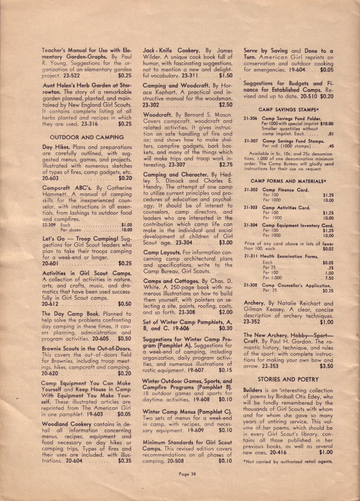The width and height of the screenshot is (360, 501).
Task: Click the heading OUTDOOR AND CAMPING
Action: pyautogui.click(x=87, y=137)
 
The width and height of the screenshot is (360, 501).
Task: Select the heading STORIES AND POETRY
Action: pyautogui.click(x=288, y=380)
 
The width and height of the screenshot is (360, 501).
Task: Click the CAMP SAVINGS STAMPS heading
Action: pyautogui.click(x=288, y=110)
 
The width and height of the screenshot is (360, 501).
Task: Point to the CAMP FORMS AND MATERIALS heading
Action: pyautogui.click(x=288, y=181)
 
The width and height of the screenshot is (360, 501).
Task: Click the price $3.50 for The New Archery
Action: pyautogui.click(x=326, y=366)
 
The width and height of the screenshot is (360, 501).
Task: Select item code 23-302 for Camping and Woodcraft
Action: pyautogui.click(x=151, y=105)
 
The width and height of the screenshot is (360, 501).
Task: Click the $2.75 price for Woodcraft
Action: pyautogui.click(x=225, y=165)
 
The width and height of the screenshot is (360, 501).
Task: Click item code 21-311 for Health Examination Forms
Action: pyautogui.click(x=251, y=256)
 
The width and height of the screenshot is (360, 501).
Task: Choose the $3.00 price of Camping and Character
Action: pyautogui.click(x=225, y=243)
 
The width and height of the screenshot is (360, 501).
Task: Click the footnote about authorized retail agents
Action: pyautogui.click(x=288, y=461)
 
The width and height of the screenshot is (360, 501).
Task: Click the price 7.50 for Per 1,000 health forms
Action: pyautogui.click(x=329, y=278)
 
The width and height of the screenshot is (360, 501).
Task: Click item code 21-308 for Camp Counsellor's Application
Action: pyautogui.click(x=250, y=285)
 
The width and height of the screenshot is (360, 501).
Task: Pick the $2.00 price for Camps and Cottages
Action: pyautogui.click(x=225, y=312)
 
